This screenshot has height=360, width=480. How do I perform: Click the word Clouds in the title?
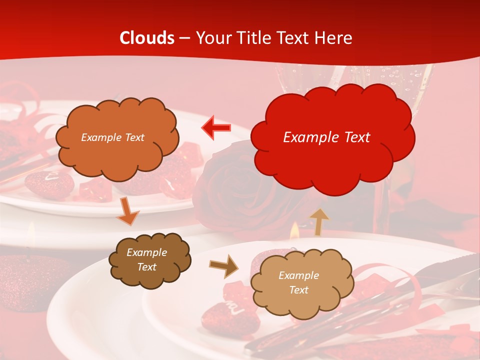coord(147,38)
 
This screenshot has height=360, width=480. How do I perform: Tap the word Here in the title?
coord(333,38)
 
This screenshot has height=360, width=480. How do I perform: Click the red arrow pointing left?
coord(216,128)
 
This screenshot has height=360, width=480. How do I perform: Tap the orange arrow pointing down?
coord(127,211)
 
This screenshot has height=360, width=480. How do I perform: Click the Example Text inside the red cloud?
coord(326,137)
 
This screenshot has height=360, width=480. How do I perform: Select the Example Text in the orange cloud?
coord(112,137)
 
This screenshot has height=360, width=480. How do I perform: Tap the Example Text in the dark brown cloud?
coord(147,259)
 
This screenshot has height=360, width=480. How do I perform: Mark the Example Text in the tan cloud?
coord(298,282)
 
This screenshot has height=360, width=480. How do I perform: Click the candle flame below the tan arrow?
coord(294,231)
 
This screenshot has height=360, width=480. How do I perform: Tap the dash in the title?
coord(184,38)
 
